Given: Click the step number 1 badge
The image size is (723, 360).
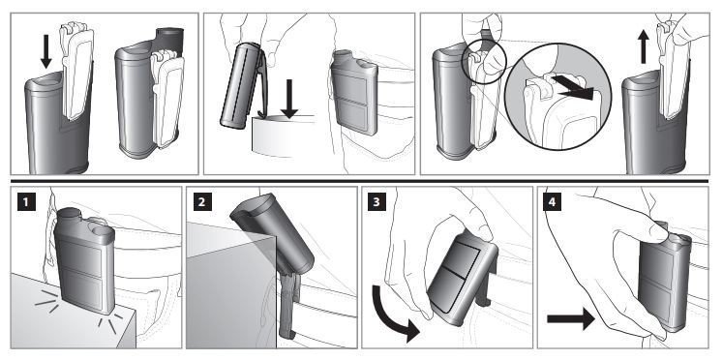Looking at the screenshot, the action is (27, 202).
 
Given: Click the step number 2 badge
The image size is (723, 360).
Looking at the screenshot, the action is (202, 202).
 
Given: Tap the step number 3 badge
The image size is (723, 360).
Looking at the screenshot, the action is (377, 202).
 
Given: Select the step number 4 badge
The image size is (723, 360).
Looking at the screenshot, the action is (553, 202).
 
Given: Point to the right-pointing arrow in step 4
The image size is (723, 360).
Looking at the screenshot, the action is (571, 318).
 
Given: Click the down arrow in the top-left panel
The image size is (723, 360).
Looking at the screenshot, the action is (46, 51).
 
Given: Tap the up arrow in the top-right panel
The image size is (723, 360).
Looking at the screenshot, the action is (643, 46).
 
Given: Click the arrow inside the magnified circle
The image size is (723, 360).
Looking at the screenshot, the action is (571, 87).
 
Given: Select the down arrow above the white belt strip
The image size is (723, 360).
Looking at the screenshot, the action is (289, 99).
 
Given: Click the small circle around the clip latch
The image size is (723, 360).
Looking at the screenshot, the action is (484, 62).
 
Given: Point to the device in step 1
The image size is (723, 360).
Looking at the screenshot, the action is (85, 259).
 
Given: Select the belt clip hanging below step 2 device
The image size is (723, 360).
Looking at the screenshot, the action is (288, 304).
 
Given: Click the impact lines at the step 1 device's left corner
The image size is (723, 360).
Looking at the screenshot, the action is (47, 301).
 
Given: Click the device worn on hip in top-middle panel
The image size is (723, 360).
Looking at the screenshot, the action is (354, 92).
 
